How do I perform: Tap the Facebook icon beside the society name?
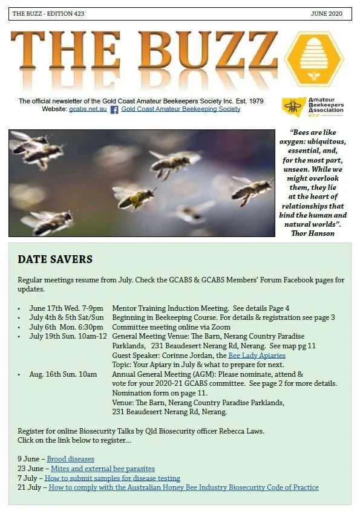point(114,109)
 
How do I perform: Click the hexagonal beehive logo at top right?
point(313,59)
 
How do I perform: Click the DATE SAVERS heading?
point(55,259)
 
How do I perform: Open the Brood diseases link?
point(71,459)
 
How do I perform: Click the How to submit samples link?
point(112,478)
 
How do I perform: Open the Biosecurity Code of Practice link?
point(182,487)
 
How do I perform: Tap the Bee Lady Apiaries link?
point(257,356)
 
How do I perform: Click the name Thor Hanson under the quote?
point(313,233)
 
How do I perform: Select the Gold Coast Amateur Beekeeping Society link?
point(180,109)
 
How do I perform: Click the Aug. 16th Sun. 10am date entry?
point(63,374)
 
